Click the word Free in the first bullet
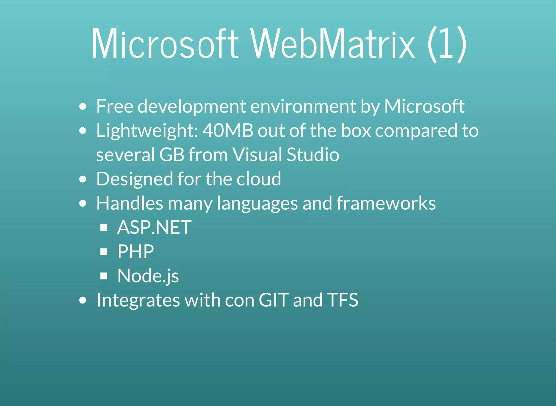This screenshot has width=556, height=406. [x=115, y=106]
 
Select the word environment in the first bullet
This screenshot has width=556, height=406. [x=303, y=106]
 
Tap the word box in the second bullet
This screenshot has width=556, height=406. [x=356, y=131]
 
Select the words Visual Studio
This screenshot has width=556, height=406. [x=286, y=155]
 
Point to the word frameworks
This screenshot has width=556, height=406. [x=386, y=203]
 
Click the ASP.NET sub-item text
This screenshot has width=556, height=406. [x=154, y=227]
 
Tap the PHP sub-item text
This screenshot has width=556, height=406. [x=135, y=251]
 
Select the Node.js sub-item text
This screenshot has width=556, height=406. [x=148, y=276]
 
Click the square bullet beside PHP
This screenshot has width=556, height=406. [x=104, y=252]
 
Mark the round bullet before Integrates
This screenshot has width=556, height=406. [x=83, y=300]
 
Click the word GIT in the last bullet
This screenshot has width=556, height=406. [x=274, y=300]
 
